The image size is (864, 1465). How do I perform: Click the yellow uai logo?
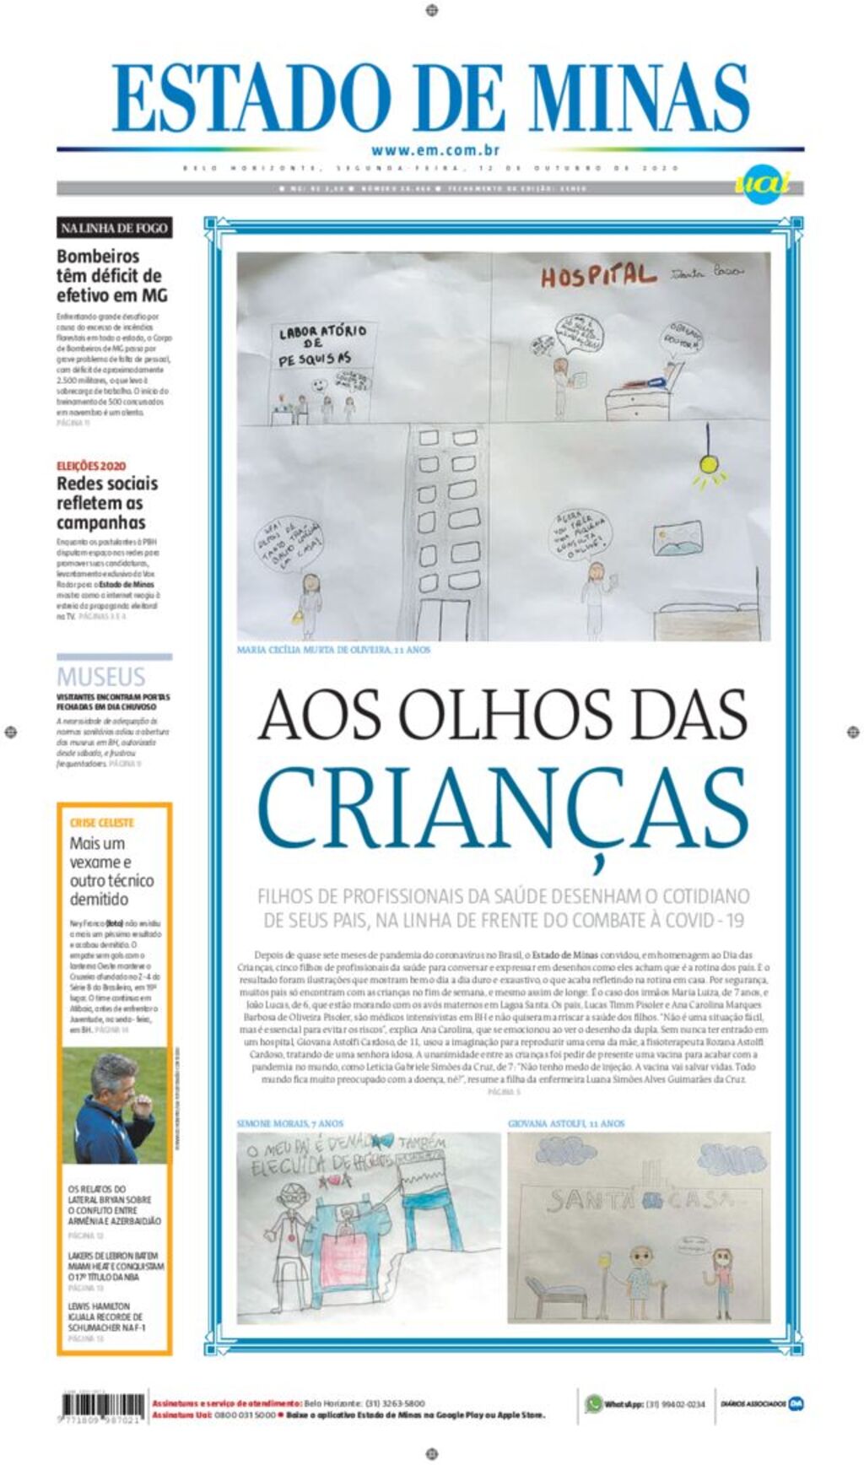762,182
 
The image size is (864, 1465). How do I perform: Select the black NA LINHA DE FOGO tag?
114,228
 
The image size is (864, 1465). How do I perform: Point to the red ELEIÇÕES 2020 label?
91,466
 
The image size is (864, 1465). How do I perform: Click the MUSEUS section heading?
101,676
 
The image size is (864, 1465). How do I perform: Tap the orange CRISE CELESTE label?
102,822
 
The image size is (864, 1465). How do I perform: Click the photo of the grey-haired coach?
115,1106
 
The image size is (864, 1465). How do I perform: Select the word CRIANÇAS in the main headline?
503,808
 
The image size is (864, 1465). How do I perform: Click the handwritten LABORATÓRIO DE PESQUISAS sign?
322,345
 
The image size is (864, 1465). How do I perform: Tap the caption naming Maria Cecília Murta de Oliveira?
333,650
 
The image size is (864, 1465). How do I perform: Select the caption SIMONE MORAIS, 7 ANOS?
289,1123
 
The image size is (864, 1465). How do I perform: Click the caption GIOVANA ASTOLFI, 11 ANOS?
566,1123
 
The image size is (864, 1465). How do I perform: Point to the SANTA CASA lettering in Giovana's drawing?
641,1200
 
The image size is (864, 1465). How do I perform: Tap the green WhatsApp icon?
594,1403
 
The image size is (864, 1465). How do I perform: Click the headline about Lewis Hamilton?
106,1316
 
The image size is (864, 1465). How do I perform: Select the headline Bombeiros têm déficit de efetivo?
111,276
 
